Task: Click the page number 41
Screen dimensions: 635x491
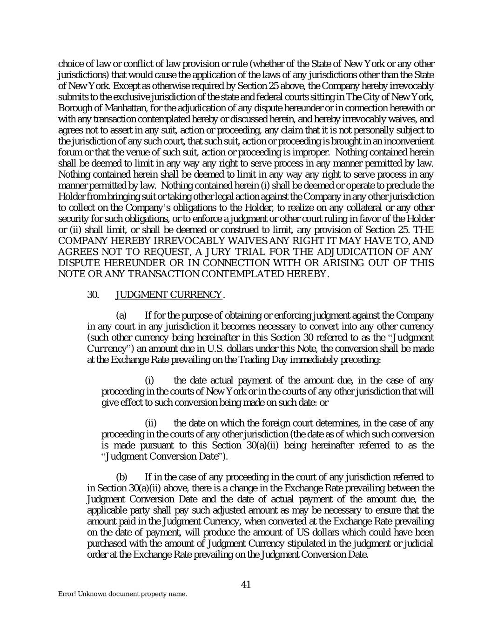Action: pos(246,584)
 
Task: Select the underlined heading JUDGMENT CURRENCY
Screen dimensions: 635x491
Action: pos(168,294)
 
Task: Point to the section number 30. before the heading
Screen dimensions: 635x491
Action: pos(93,294)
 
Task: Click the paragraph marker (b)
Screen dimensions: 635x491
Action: pos(121,477)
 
